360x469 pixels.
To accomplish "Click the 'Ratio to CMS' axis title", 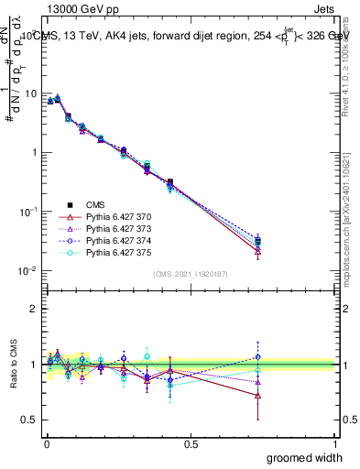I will (14, 364).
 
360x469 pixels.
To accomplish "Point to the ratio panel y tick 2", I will (34, 309).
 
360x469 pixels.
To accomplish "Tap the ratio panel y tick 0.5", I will (30, 420).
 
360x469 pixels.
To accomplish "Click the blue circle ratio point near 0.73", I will (257, 357).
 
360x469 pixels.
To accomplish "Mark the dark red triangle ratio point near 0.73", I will (257, 396).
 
